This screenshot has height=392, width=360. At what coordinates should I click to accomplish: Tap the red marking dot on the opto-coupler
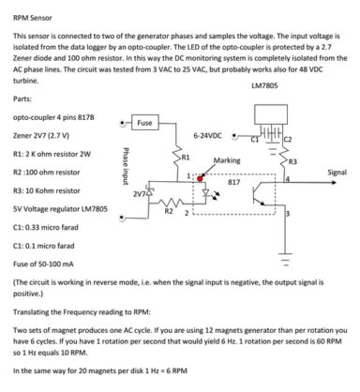click(200, 175)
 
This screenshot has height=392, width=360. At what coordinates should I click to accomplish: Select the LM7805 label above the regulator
click(265, 84)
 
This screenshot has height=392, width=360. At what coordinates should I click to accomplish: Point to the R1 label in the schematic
click(185, 155)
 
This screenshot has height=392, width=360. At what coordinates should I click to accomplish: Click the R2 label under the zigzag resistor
click(170, 211)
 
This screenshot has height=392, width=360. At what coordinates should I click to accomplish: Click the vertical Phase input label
click(123, 164)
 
